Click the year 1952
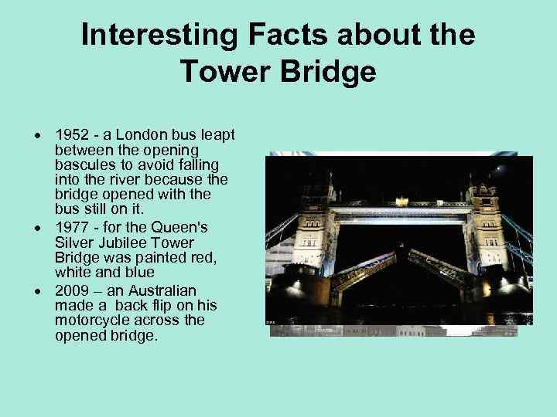click(x=71, y=135)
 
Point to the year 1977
click(x=71, y=227)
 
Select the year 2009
click(x=71, y=290)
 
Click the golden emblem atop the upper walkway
click(x=402, y=201)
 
